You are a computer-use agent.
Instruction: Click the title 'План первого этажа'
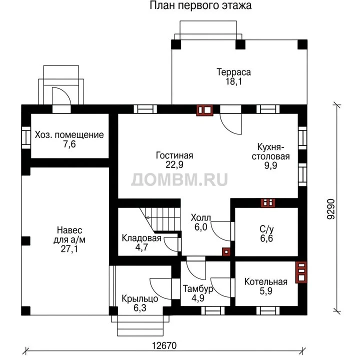tap(200, 5)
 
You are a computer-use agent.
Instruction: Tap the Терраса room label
tap(233, 72)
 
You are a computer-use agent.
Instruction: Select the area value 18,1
tap(233, 81)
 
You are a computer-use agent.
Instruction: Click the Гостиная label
tap(174, 155)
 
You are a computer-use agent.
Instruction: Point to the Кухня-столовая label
tap(270, 151)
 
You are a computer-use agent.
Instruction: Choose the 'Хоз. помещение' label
tap(69, 135)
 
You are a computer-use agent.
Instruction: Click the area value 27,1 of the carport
tap(69, 249)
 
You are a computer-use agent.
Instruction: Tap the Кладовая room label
tap(141, 238)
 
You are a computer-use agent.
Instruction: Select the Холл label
tap(200, 217)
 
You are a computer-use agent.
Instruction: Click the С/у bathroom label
tap(266, 229)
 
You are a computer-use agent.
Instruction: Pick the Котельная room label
tap(266, 281)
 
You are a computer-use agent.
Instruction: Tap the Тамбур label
tap(198, 289)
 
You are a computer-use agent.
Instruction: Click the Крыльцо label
tap(140, 298)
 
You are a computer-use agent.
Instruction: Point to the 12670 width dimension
tap(164, 345)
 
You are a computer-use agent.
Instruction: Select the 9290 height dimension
tap(331, 209)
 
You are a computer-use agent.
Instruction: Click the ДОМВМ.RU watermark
tap(179, 179)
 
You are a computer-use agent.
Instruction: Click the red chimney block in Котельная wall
tap(301, 272)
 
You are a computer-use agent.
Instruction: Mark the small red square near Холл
tap(226, 252)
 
